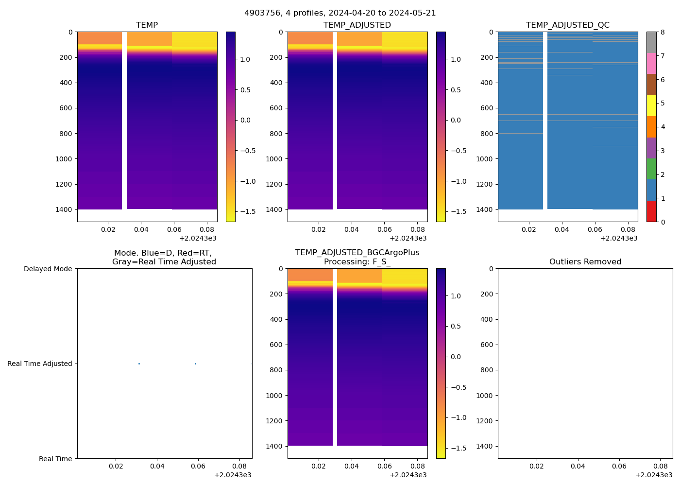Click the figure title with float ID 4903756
(340, 13)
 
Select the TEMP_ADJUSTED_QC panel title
(567, 25)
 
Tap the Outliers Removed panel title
(585, 262)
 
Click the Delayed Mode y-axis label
(48, 269)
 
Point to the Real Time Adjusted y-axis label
(39, 364)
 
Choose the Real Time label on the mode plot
(55, 459)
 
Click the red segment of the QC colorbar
(651, 211)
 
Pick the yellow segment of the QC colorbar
(651, 105)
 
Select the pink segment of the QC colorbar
(651, 63)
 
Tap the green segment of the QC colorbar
(651, 169)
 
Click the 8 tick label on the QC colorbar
(663, 33)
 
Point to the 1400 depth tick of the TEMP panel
(64, 209)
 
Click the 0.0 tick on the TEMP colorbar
(245, 120)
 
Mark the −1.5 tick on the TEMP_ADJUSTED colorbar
(457, 211)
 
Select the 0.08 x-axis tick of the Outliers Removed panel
(660, 466)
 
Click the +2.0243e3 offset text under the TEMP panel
(198, 238)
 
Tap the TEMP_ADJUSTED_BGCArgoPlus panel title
(357, 257)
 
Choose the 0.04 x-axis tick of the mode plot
(157, 466)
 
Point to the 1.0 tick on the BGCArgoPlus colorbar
(456, 296)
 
